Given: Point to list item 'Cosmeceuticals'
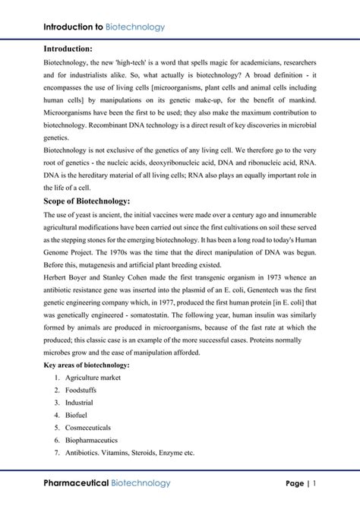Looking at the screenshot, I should click(87, 427).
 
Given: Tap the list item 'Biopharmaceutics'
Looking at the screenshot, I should click(90, 439).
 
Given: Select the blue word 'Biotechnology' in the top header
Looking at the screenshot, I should click(135, 27).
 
